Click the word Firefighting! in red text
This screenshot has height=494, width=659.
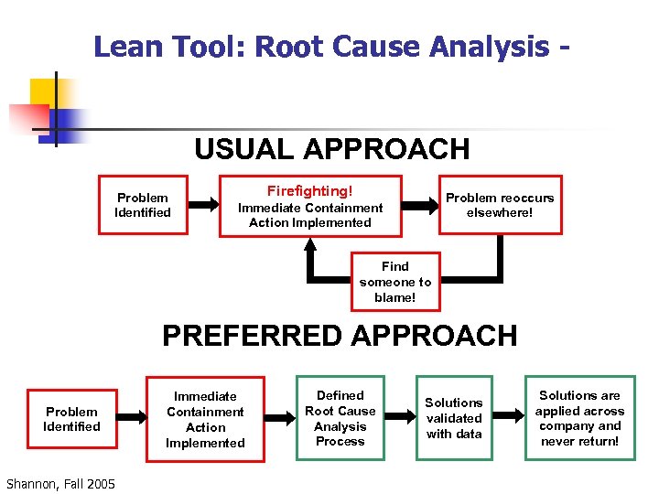[x=309, y=191]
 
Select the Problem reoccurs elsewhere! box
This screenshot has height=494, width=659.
[x=499, y=206]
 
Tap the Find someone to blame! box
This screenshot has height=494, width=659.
[x=394, y=283]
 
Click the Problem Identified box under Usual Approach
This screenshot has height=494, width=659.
[x=143, y=206]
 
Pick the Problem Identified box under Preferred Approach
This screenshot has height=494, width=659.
[x=71, y=420]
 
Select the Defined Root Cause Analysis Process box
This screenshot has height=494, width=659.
[x=340, y=419]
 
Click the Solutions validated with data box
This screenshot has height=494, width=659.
[x=453, y=419]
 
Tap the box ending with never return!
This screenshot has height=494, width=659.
[x=579, y=419]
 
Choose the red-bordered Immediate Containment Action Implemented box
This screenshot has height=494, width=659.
[x=205, y=420]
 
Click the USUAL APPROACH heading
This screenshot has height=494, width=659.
[x=331, y=149]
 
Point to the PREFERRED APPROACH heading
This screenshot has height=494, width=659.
[x=340, y=336]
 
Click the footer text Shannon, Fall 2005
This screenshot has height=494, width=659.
[x=60, y=483]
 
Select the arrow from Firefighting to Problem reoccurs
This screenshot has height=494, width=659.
[x=421, y=206]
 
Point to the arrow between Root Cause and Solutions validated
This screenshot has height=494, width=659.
[x=398, y=419]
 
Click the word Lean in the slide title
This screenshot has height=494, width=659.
[x=124, y=47]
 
